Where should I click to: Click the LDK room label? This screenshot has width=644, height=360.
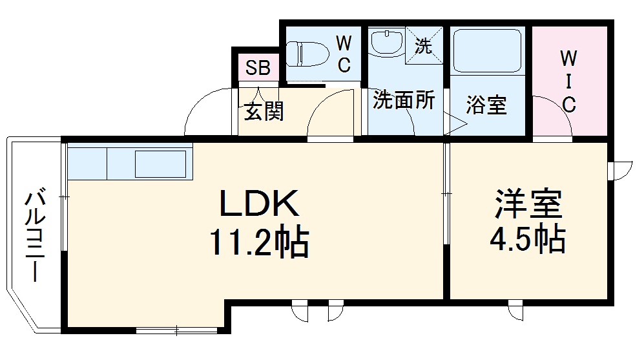[260, 204]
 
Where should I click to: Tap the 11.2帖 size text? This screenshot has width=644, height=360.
[258, 243]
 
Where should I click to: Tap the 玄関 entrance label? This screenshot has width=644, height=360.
[264, 112]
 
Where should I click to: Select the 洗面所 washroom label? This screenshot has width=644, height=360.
[404, 101]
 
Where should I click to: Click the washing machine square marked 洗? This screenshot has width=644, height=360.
[424, 45]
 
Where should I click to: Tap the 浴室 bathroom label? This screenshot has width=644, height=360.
[486, 105]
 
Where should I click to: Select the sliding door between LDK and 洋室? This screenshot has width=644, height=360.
[446, 194]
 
